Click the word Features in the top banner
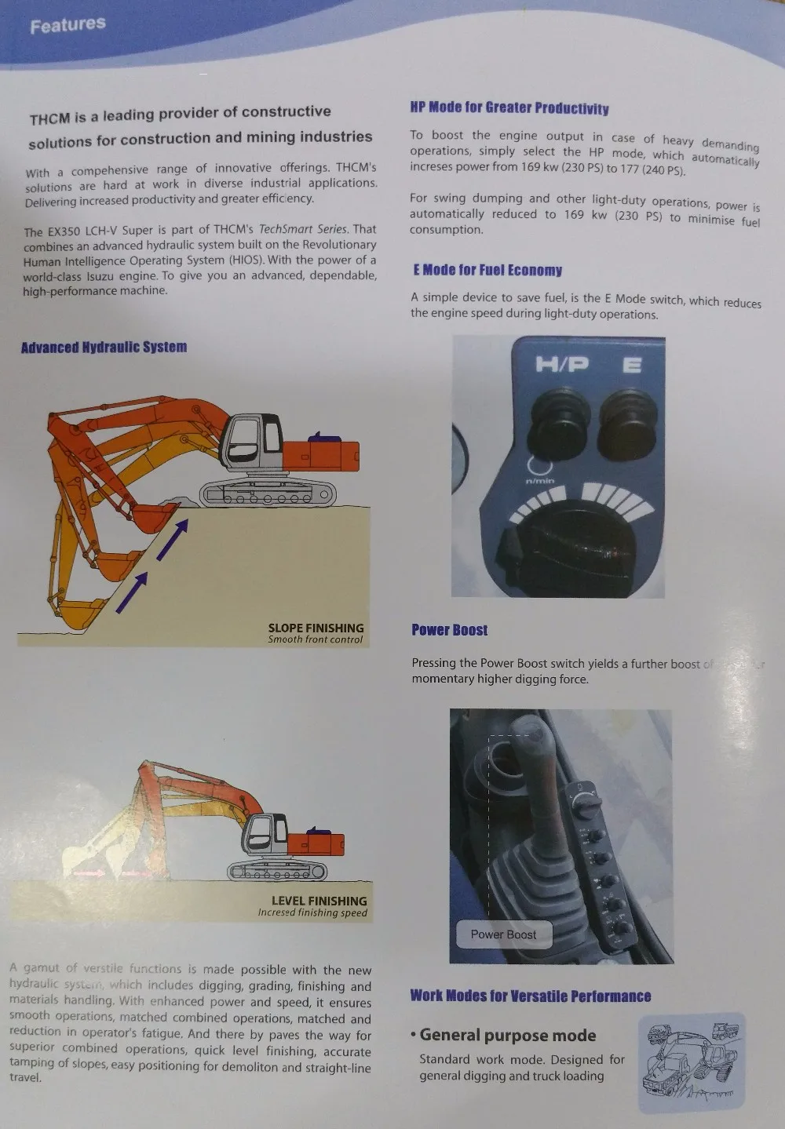coord(68,25)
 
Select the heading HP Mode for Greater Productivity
coord(509,108)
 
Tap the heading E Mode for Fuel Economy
coord(487,271)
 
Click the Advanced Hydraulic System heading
coord(104,348)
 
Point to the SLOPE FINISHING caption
coord(316,628)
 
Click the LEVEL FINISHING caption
coord(319,901)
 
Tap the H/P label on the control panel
coord(561,365)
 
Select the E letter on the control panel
coord(632,366)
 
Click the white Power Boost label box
coord(503,934)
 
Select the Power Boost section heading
coord(449,630)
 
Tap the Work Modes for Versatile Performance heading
coord(531,996)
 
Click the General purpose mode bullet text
coord(508,1036)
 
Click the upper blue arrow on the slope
coord(173,540)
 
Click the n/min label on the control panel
coord(539,480)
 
